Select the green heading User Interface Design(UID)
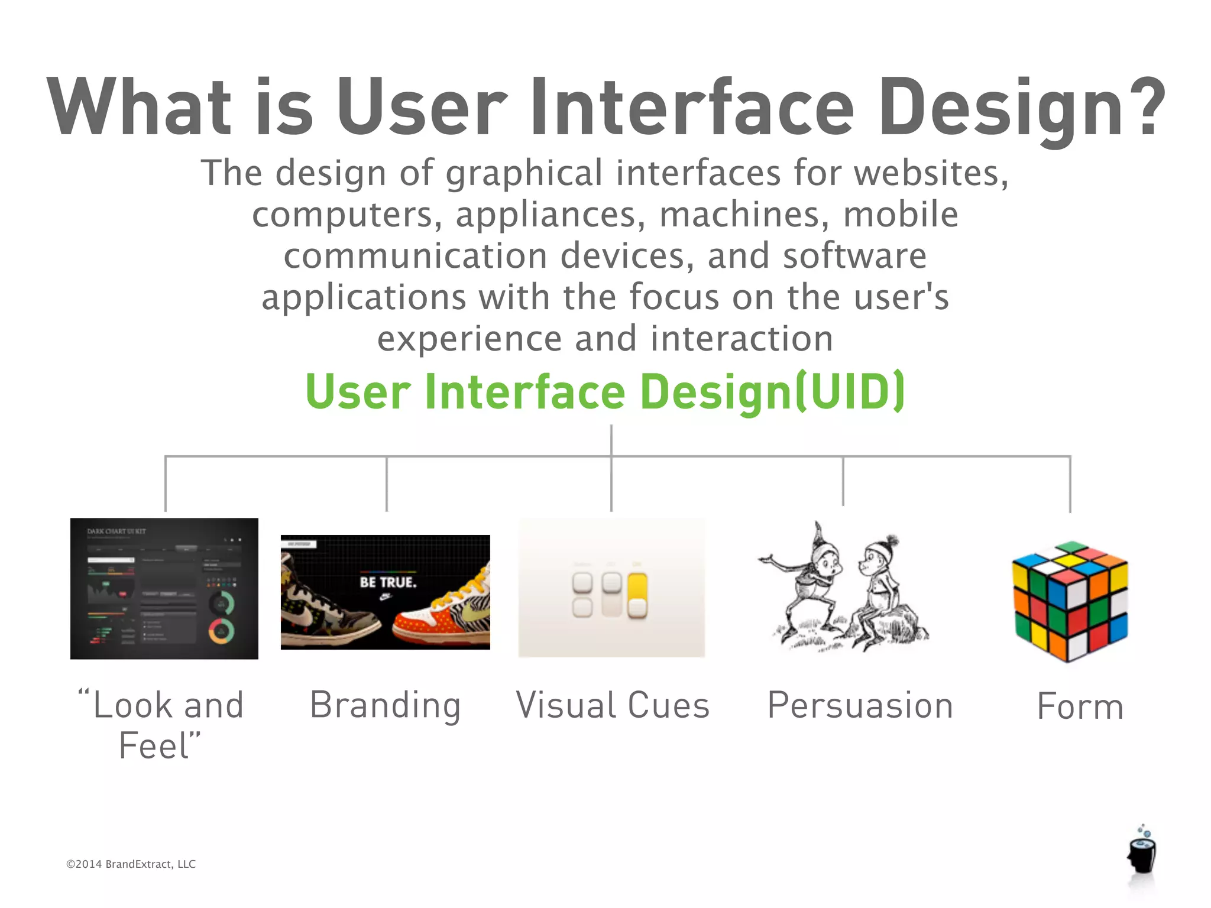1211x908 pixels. [x=605, y=392]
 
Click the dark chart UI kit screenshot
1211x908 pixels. [x=164, y=589]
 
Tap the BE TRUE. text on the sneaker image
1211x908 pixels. [x=388, y=582]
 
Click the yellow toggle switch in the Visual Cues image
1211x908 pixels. [x=637, y=595]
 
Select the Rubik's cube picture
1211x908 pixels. [x=1070, y=601]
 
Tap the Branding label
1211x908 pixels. [x=386, y=705]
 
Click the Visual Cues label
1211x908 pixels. [x=613, y=705]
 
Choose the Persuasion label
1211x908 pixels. [x=860, y=705]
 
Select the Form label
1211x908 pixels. [x=1080, y=706]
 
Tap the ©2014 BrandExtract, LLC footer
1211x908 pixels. [x=131, y=864]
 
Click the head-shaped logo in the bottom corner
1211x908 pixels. [x=1142, y=854]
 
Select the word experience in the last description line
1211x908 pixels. [x=469, y=339]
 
